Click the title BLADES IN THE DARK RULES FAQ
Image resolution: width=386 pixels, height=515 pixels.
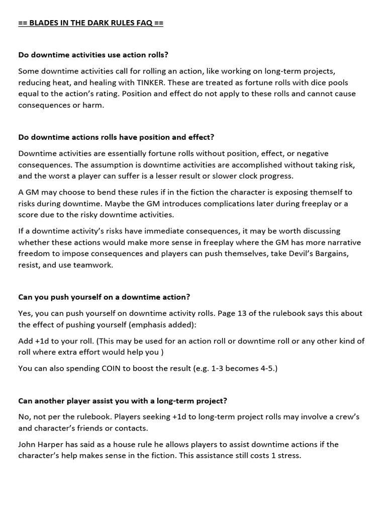click(x=90, y=23)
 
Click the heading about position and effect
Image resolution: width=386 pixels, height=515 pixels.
click(x=116, y=137)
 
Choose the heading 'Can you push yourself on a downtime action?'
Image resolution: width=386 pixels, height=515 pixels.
click(x=104, y=297)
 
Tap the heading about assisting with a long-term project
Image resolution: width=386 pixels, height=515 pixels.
click(x=123, y=400)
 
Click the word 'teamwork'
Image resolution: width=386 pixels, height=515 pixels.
click(x=94, y=265)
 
